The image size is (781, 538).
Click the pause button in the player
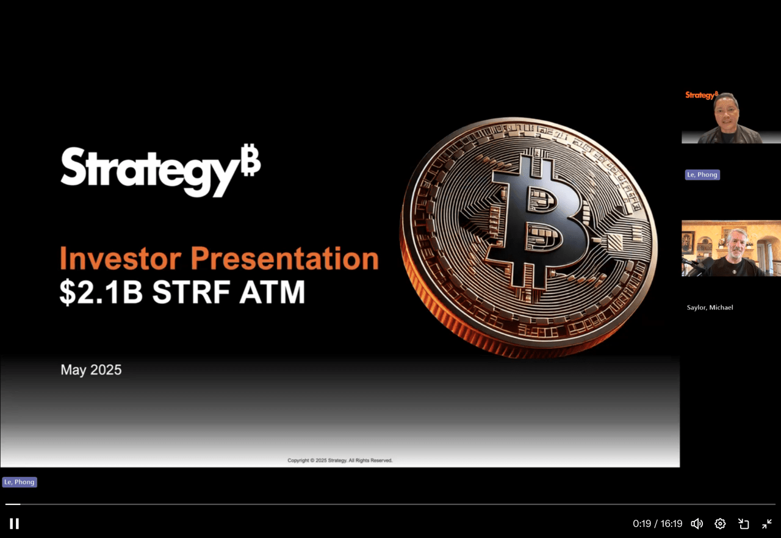pyautogui.click(x=14, y=523)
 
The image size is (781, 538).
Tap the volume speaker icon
pyautogui.click(x=697, y=523)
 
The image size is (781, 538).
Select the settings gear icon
pyautogui.click(x=720, y=523)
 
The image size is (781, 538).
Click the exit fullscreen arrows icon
pyautogui.click(x=767, y=523)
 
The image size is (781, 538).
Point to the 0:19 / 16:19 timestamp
pyautogui.click(x=657, y=523)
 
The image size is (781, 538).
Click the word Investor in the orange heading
pyautogui.click(x=121, y=258)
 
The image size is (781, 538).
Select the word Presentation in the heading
pyautogui.click(x=284, y=258)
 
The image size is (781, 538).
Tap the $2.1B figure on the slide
pyautogui.click(x=101, y=292)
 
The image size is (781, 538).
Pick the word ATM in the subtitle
pyautogui.click(x=272, y=292)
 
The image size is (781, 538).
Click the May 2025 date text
pyautogui.click(x=91, y=370)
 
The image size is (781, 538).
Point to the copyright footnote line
pyautogui.click(x=340, y=461)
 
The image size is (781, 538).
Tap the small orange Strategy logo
pyautogui.click(x=702, y=95)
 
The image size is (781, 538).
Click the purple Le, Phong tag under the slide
pyautogui.click(x=20, y=482)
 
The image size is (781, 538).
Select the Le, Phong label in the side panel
pyautogui.click(x=702, y=174)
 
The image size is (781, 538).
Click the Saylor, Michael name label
pyautogui.click(x=710, y=307)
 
